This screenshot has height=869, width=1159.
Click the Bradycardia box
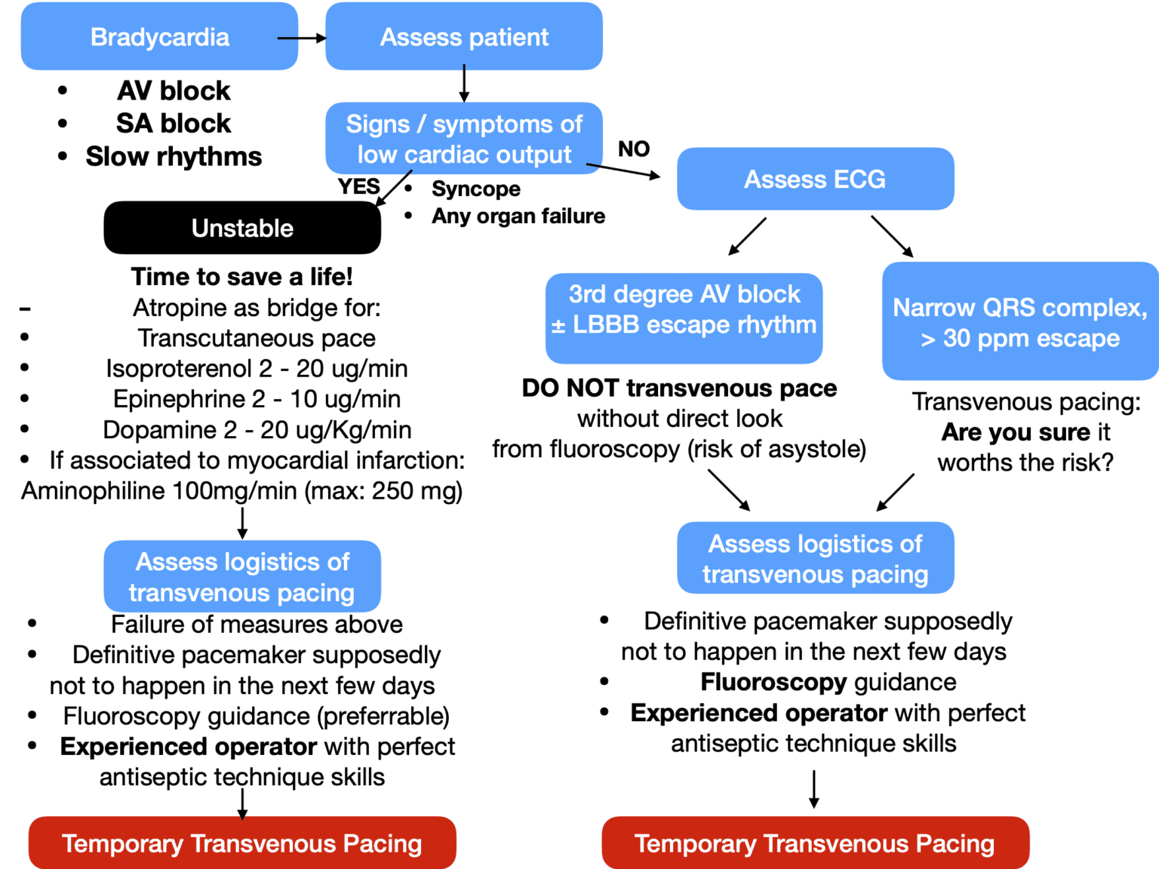pyautogui.click(x=159, y=37)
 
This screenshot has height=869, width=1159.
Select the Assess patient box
pyautogui.click(x=464, y=37)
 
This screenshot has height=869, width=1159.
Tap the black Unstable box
pyautogui.click(x=242, y=228)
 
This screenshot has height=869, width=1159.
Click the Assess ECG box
pyautogui.click(x=815, y=180)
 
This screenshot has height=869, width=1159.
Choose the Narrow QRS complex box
pyautogui.click(x=1020, y=321)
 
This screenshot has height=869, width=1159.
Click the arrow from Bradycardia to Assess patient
pyautogui.click(x=301, y=38)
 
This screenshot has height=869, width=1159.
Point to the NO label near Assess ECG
pyautogui.click(x=634, y=149)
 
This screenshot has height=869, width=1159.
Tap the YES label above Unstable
pyautogui.click(x=358, y=186)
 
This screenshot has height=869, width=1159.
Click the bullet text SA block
pyautogui.click(x=174, y=123)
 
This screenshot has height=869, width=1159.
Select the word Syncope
pyautogui.click(x=476, y=189)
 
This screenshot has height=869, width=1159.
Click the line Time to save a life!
pyautogui.click(x=242, y=277)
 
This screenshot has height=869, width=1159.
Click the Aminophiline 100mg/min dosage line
pyautogui.click(x=241, y=491)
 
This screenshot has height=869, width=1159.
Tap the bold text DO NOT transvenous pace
pyautogui.click(x=679, y=388)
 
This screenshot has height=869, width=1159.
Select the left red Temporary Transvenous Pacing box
pyautogui.click(x=242, y=843)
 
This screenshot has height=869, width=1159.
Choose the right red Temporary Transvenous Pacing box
pyautogui.click(x=815, y=843)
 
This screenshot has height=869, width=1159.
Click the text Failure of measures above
pyautogui.click(x=257, y=625)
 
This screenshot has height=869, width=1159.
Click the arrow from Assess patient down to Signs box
pyautogui.click(x=464, y=84)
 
